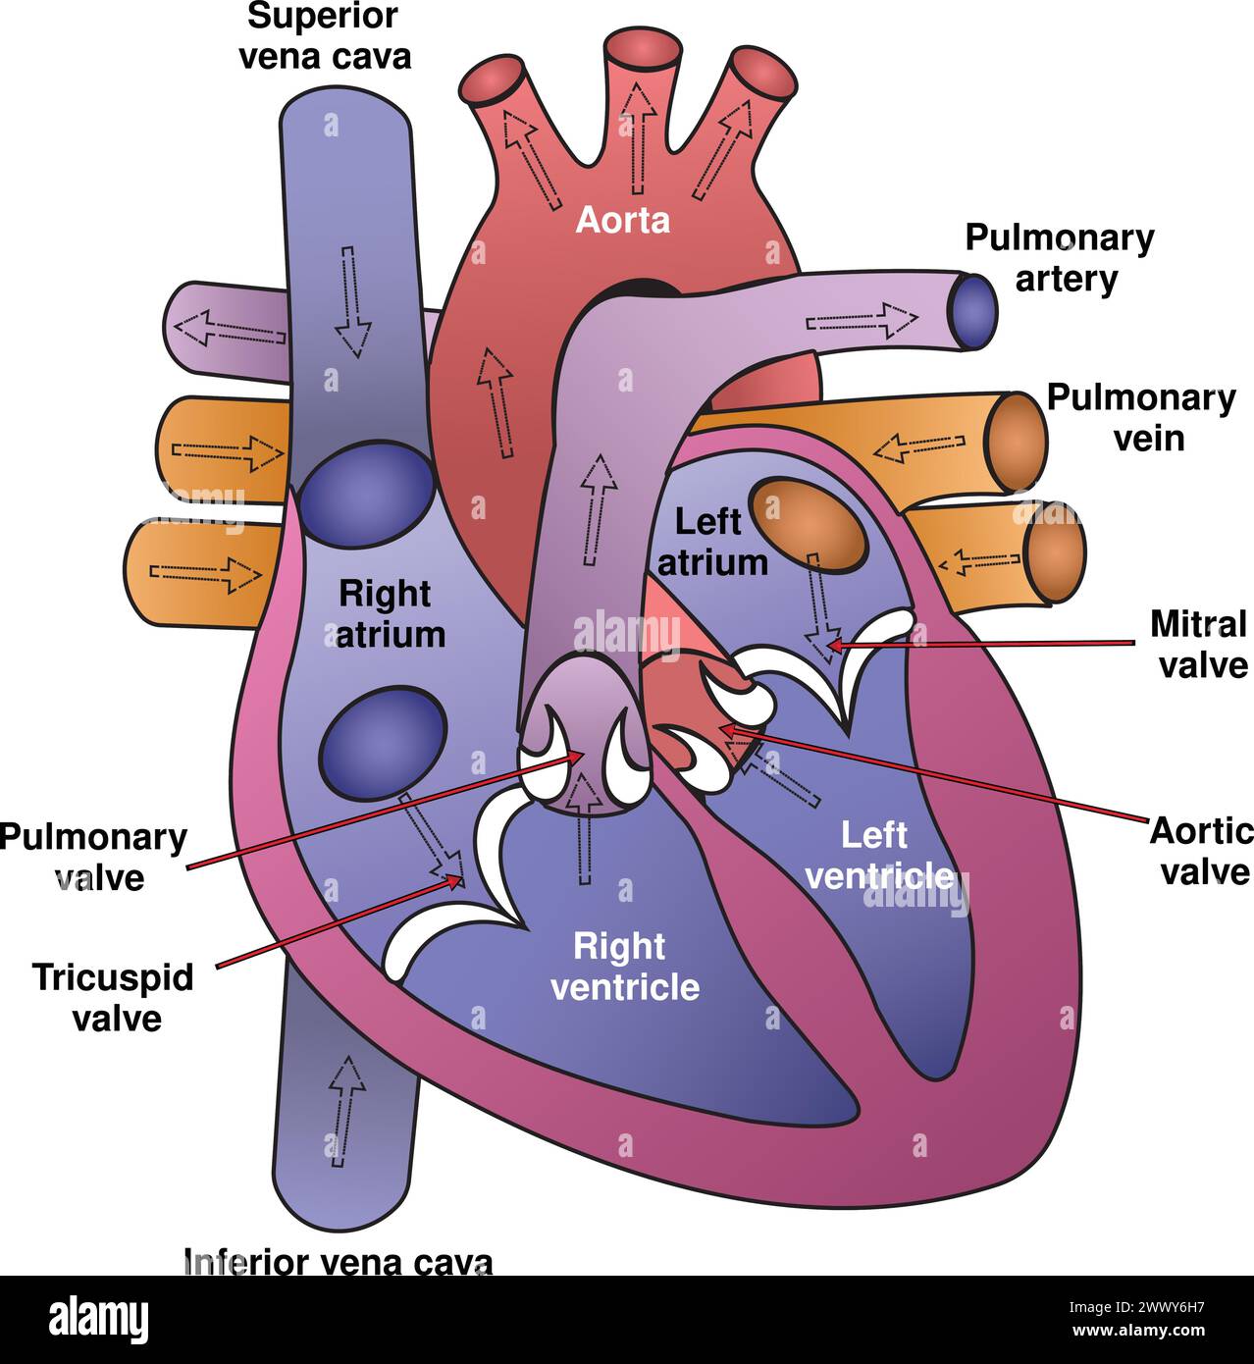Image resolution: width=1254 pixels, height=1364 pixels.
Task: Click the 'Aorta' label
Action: pyautogui.click(x=622, y=220)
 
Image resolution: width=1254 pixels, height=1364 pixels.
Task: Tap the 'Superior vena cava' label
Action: pyautogui.click(x=325, y=36)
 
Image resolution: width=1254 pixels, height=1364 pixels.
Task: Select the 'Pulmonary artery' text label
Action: pyautogui.click(x=1061, y=258)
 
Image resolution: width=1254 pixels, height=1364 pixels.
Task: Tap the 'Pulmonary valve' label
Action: pyautogui.click(x=93, y=857)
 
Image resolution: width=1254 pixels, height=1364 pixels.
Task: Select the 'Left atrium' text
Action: pyautogui.click(x=711, y=542)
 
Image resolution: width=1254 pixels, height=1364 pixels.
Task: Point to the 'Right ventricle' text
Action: pyautogui.click(x=625, y=967)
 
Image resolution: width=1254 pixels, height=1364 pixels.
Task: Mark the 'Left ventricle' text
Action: pyautogui.click(x=876, y=855)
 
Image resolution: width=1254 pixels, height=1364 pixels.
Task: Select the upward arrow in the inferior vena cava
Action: pyautogui.click(x=344, y=1111)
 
